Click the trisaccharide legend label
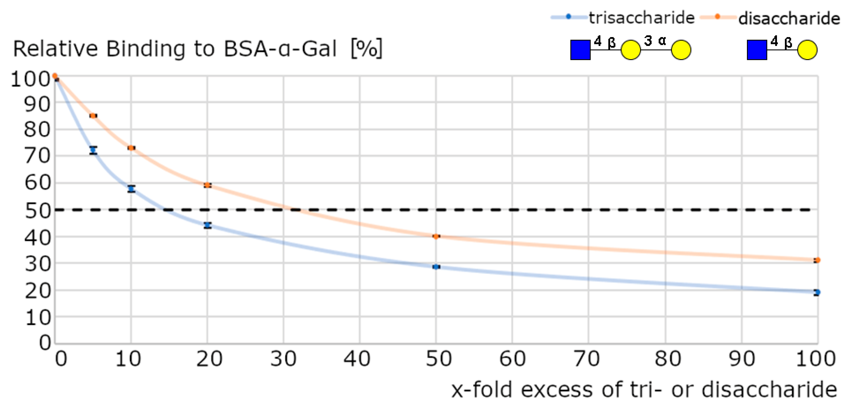641,17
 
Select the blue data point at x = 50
436,267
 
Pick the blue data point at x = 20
207,225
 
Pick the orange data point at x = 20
207,185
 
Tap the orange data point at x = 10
131,148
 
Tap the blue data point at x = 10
131,189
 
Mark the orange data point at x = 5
93,116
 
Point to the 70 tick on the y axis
37,156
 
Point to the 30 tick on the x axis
283,359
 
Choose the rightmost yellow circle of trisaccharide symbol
681,50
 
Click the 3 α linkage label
655,41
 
